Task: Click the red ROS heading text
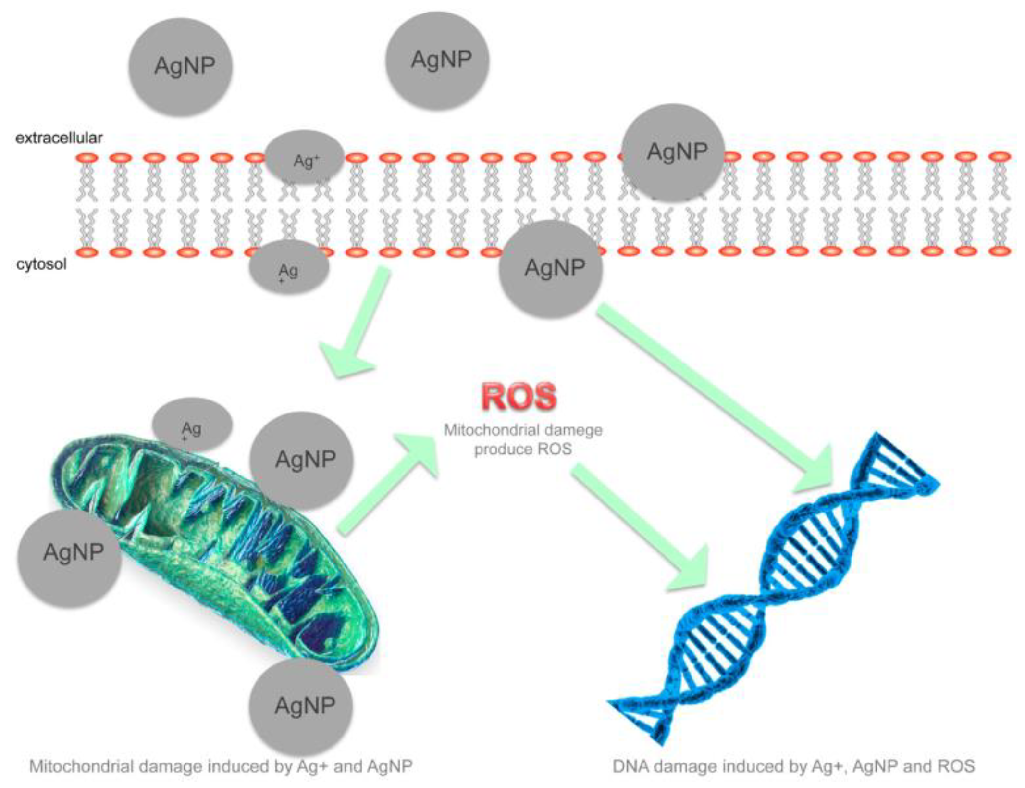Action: pyautogui.click(x=519, y=396)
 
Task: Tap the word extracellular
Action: pyautogui.click(x=59, y=138)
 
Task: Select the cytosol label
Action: pyautogui.click(x=41, y=264)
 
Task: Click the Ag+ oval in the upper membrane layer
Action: pyautogui.click(x=304, y=158)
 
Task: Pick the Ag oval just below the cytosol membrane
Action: pyautogui.click(x=289, y=267)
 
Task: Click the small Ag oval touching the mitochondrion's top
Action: pyautogui.click(x=192, y=425)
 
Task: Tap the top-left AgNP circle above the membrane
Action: pyautogui.click(x=181, y=67)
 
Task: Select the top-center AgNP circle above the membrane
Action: pyautogui.click(x=437, y=61)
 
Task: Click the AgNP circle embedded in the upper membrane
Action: pyautogui.click(x=673, y=152)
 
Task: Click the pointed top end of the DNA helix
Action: pyautogui.click(x=879, y=438)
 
